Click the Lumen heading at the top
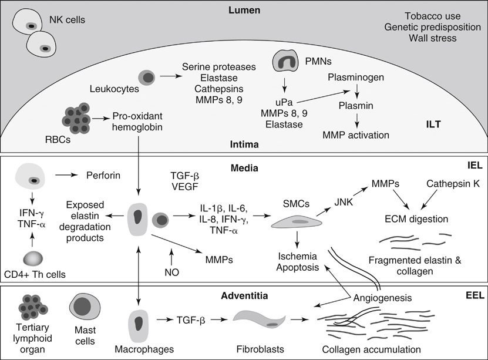pyautogui.click(x=244, y=11)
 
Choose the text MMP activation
pyautogui.click(x=356, y=135)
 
